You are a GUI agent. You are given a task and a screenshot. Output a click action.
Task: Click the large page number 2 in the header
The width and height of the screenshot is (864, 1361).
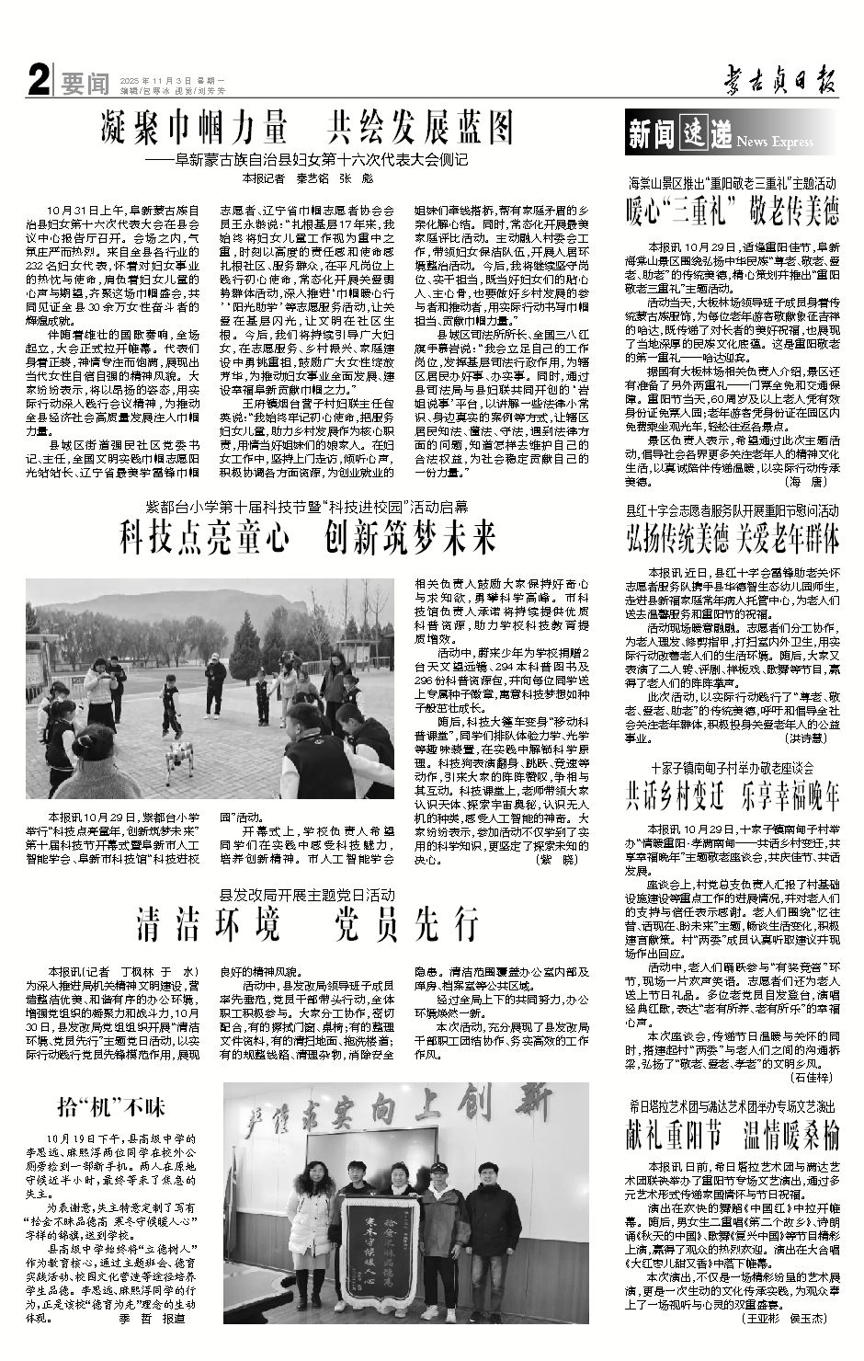tap(38, 83)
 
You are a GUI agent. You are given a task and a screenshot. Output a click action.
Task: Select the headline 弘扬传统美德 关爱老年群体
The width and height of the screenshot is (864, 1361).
tap(733, 537)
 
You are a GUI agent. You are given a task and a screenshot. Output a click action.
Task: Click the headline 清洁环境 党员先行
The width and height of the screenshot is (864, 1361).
tap(307, 923)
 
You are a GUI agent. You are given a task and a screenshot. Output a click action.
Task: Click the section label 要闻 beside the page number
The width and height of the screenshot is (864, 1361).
tap(85, 85)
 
